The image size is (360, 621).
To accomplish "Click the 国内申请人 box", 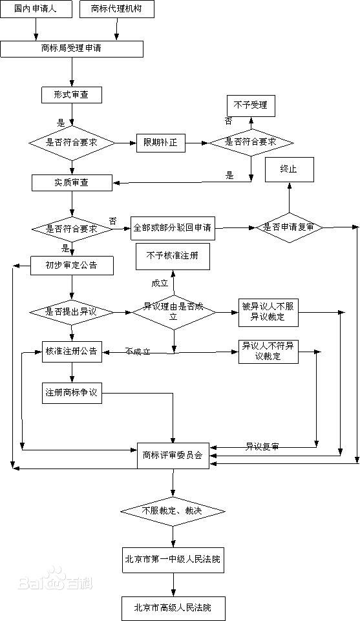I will (37, 10).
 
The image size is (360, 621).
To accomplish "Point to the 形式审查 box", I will (72, 94).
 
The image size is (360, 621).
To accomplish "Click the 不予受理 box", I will (250, 105).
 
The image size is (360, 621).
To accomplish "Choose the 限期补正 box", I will (160, 143).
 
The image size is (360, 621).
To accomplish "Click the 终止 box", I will (288, 169).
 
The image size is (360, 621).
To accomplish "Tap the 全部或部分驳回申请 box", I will (173, 228).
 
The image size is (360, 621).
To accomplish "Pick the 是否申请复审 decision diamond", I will (289, 227).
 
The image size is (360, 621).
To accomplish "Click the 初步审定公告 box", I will (72, 266).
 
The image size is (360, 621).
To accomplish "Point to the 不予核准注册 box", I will (172, 257).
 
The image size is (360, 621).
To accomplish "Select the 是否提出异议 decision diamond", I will (72, 312).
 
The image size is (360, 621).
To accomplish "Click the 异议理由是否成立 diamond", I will (173, 312).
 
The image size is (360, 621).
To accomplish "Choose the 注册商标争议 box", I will (71, 394).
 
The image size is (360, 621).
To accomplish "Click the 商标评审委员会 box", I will (173, 455).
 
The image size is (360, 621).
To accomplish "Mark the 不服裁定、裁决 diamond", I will (173, 511).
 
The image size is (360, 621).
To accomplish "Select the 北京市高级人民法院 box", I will (173, 607).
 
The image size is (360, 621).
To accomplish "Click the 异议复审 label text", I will (262, 447).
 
